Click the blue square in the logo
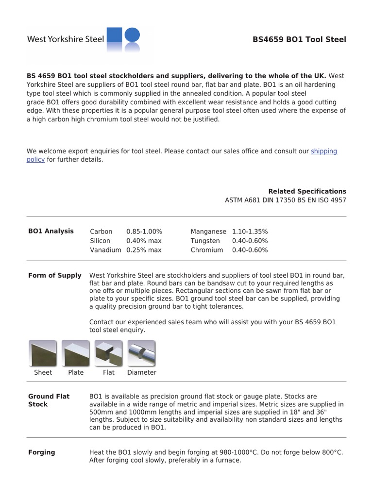pyautogui.click(x=114, y=35)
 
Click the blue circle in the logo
pyautogui.click(x=132, y=35)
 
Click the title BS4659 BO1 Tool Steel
pyautogui.click(x=299, y=39)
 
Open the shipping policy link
pyautogui.click(x=323, y=151)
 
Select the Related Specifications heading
pyautogui.click(x=307, y=191)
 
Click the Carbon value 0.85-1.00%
pyautogui.click(x=144, y=232)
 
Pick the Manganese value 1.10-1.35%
pyautogui.click(x=250, y=232)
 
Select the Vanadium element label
pyautogui.click(x=105, y=250)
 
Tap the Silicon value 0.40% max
pyautogui.click(x=144, y=241)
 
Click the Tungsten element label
pyautogui.click(x=205, y=241)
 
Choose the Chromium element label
pyautogui.click(x=207, y=250)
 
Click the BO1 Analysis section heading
pyautogui.click(x=51, y=231)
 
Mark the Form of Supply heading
pyautogui.click(x=55, y=275)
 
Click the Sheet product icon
pyautogui.click(x=43, y=353)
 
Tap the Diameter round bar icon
pyautogui.click(x=141, y=353)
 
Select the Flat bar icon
pyautogui.click(x=108, y=353)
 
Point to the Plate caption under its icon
pyautogui.click(x=76, y=372)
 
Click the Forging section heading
pyautogui.click(x=42, y=452)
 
